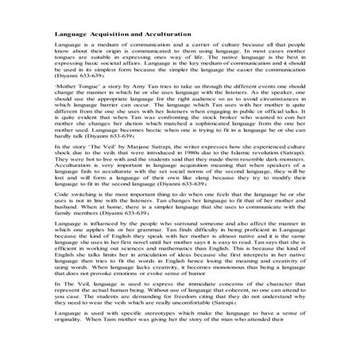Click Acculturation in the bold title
point(165,36)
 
